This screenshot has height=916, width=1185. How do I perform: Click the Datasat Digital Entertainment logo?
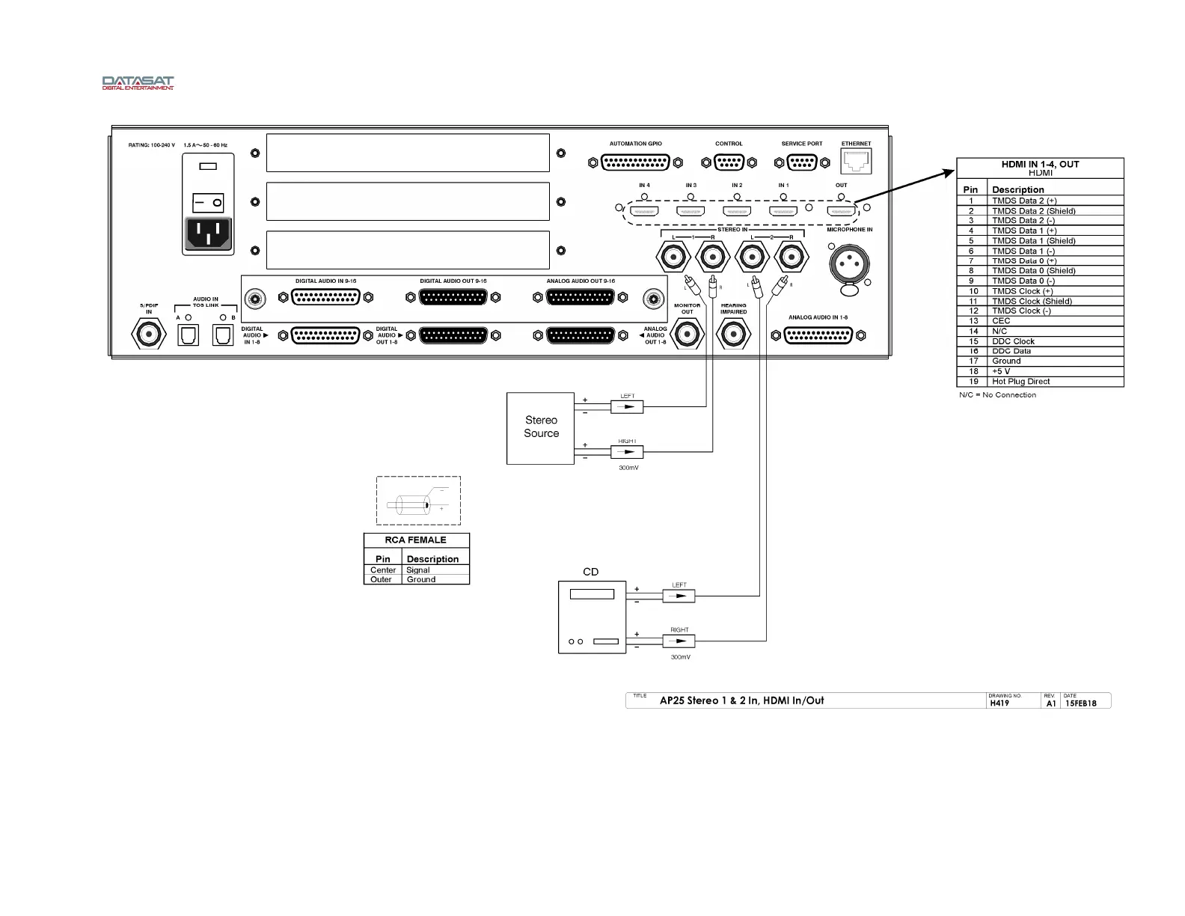(x=138, y=82)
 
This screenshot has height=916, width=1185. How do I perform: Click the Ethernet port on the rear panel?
(x=857, y=161)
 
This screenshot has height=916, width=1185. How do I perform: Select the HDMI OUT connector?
(x=841, y=211)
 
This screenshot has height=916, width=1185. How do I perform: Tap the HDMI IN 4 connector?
(x=644, y=211)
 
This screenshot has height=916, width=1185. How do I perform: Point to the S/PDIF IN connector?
(x=149, y=333)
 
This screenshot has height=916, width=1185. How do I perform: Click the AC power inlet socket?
(x=208, y=233)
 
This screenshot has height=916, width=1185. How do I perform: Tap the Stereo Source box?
(x=541, y=427)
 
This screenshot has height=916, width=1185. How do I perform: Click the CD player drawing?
(x=592, y=617)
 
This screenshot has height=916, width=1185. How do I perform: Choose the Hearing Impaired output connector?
(x=733, y=334)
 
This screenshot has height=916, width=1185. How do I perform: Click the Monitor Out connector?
(x=688, y=334)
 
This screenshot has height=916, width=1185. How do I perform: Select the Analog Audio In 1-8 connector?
(x=818, y=336)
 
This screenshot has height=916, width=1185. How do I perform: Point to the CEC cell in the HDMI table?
(x=1001, y=321)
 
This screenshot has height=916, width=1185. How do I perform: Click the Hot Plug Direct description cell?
(x=1020, y=382)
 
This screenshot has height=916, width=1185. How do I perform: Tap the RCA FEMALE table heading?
(x=416, y=540)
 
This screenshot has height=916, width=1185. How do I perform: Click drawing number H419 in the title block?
(x=999, y=703)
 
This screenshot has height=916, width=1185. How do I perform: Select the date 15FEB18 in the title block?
(x=1080, y=703)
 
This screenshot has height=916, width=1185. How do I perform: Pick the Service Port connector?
(x=802, y=162)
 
